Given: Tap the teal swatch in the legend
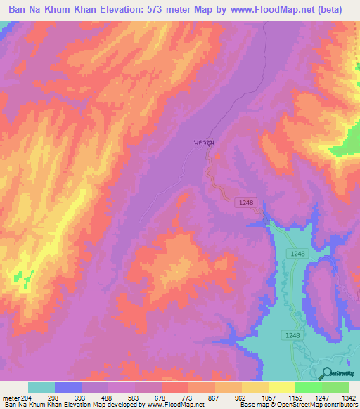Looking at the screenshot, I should tap(41, 387).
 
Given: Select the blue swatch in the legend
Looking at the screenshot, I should tap(68, 387).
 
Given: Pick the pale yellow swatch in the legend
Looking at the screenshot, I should tap(282, 387).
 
